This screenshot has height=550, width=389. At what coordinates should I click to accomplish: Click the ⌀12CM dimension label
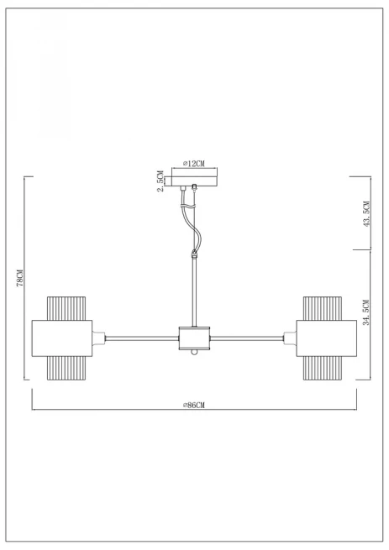[x=194, y=164]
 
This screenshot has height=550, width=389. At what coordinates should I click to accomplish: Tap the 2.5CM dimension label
[x=160, y=181]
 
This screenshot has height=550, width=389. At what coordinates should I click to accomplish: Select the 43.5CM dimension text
[x=366, y=213]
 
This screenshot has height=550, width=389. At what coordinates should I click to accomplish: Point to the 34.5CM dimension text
[x=366, y=312]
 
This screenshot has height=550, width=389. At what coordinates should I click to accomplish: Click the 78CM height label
[x=20, y=278]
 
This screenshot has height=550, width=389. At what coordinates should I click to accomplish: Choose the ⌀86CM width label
[x=194, y=405]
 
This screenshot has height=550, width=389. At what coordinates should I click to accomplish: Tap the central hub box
[x=195, y=338]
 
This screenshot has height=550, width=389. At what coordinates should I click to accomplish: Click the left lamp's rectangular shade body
[x=62, y=338]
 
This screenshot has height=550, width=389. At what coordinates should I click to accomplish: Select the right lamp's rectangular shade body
[x=327, y=338]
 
